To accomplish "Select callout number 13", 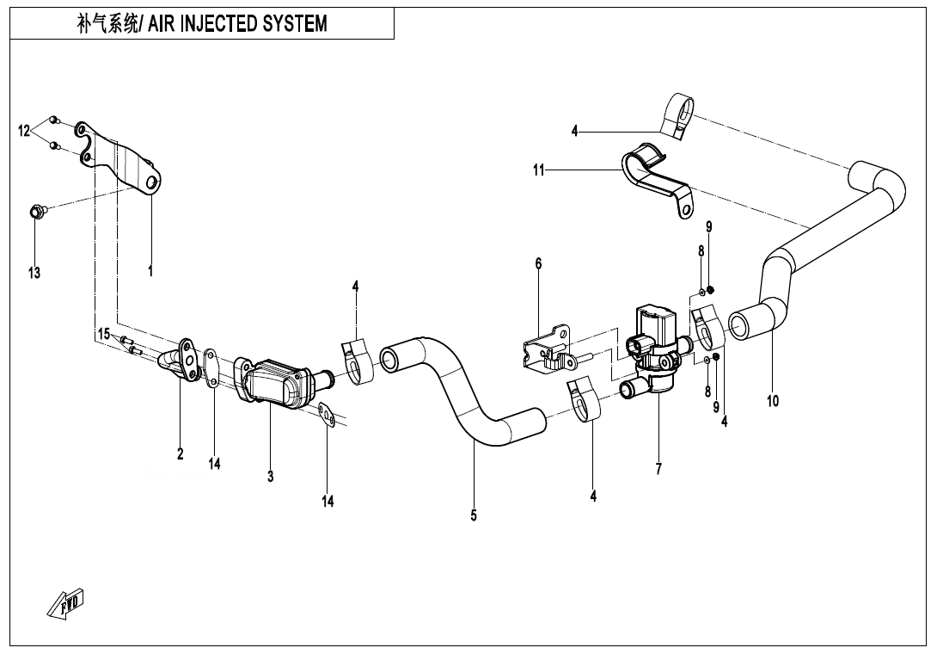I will pyautogui.click(x=34, y=273).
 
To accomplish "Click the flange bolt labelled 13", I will pyautogui.click(x=35, y=211).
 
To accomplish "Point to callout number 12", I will pyautogui.click(x=25, y=131).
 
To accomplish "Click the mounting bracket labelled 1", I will pyautogui.click(x=129, y=163).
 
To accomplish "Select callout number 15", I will pyautogui.click(x=103, y=334).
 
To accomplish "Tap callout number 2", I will pyautogui.click(x=181, y=454).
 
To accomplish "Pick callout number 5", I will pyautogui.click(x=474, y=516).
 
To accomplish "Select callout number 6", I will pyautogui.click(x=539, y=263).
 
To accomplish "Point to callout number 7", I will pyautogui.click(x=658, y=469).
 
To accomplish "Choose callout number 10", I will pyautogui.click(x=773, y=400).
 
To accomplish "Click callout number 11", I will pyautogui.click(x=539, y=170).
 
